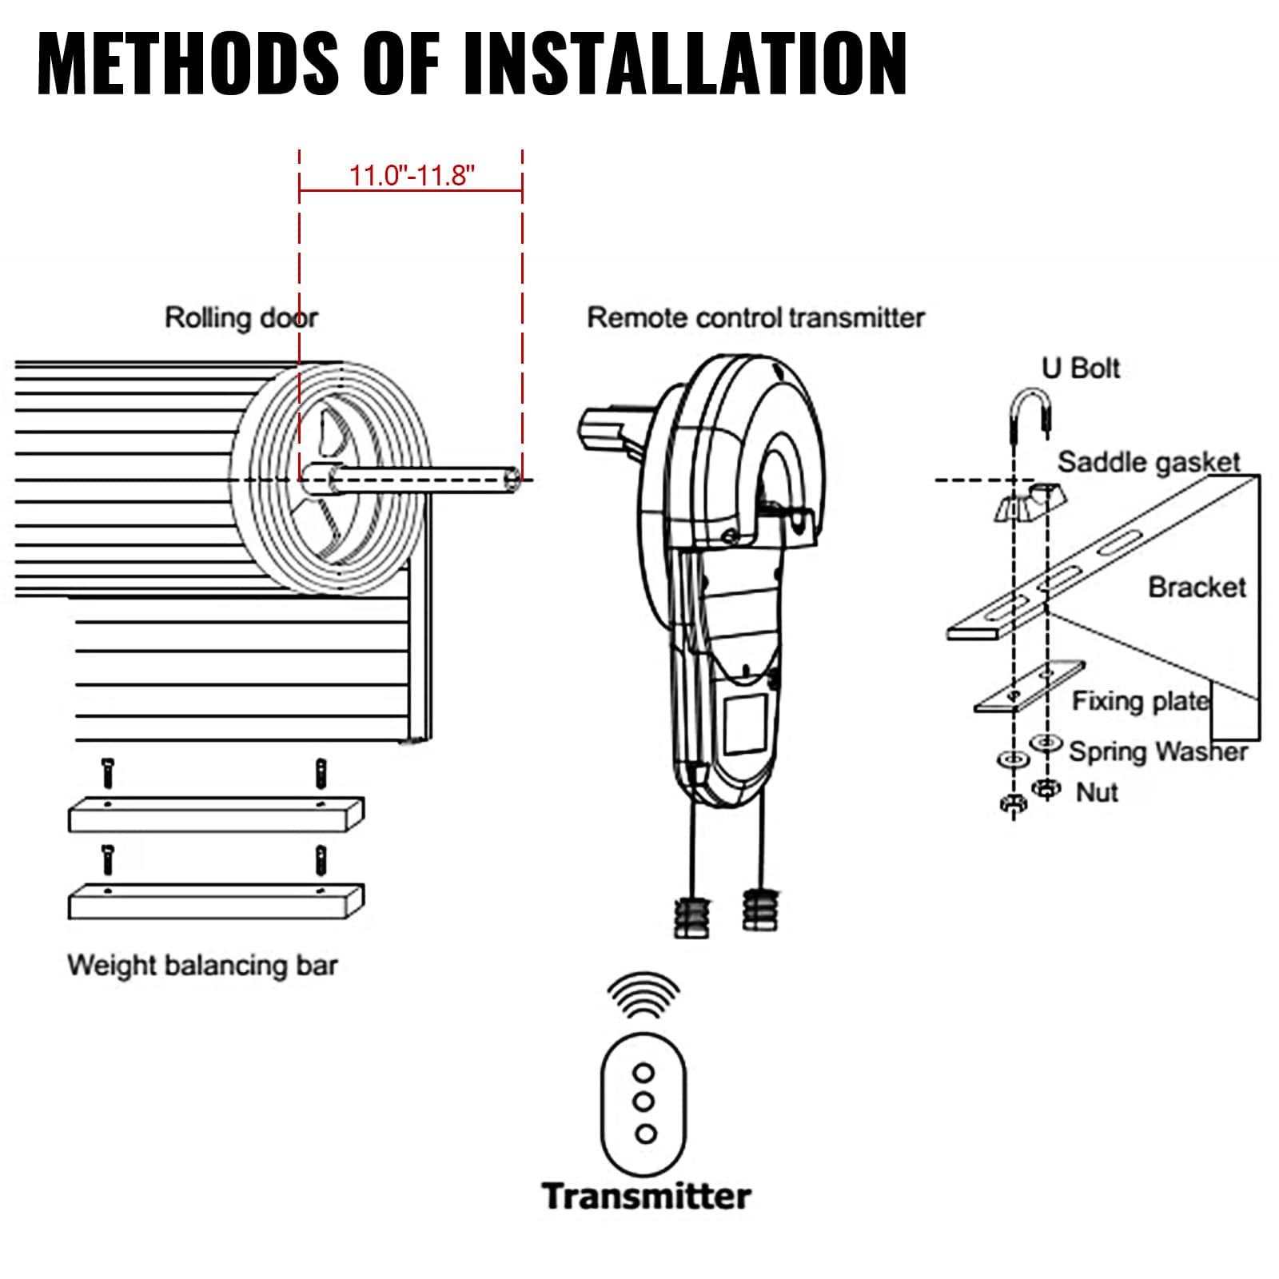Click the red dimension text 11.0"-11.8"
pyautogui.click(x=412, y=175)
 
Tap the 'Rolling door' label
pyautogui.click(x=241, y=317)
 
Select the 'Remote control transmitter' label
pyautogui.click(x=755, y=317)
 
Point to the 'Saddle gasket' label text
pyautogui.click(x=1148, y=462)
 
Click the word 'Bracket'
pyautogui.click(x=1197, y=588)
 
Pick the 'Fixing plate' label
pyautogui.click(x=1140, y=701)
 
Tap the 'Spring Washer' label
pyautogui.click(x=1157, y=751)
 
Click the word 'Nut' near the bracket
pyautogui.click(x=1097, y=792)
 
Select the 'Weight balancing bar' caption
pyautogui.click(x=202, y=965)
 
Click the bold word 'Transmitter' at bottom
pyautogui.click(x=646, y=1196)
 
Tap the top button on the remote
pyautogui.click(x=643, y=1072)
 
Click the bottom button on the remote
pyautogui.click(x=645, y=1133)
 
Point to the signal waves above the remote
pyautogui.click(x=643, y=995)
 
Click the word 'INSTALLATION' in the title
pyautogui.click(x=685, y=64)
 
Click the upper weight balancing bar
pyautogui.click(x=216, y=815)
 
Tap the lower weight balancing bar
pyautogui.click(x=216, y=902)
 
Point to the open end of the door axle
pyautogui.click(x=513, y=480)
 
